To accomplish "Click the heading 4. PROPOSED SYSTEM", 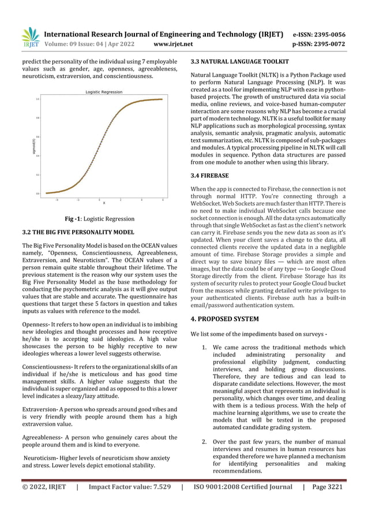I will [x=225, y=319].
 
